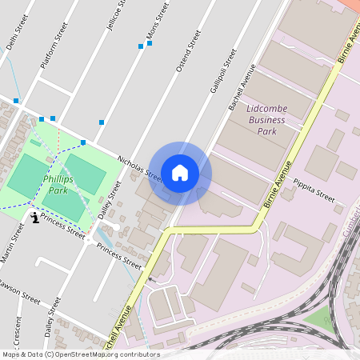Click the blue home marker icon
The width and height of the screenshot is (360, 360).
coord(180,172)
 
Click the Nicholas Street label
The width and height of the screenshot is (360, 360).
coord(139,169)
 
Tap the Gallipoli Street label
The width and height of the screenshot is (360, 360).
coord(224,70)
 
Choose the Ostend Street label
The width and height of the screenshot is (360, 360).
coord(188,51)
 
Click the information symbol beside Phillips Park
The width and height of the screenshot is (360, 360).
coord(34,217)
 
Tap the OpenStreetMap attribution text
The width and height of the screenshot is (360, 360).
coord(80,354)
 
